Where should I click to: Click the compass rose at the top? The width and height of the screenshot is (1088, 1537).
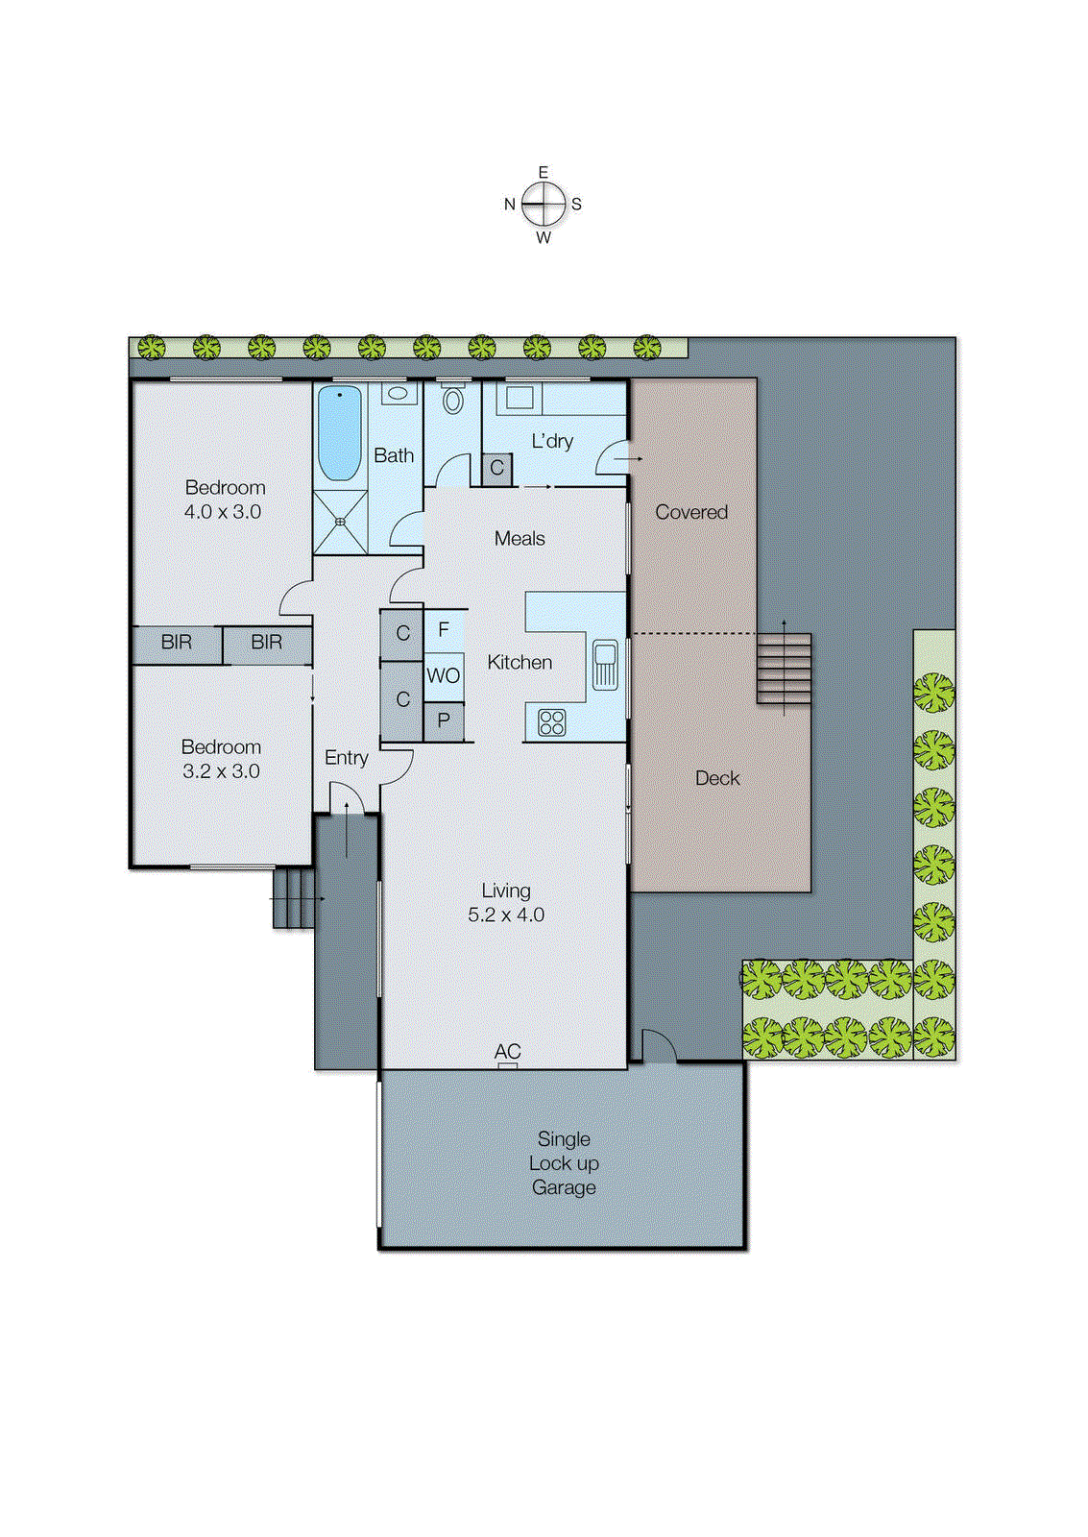544,204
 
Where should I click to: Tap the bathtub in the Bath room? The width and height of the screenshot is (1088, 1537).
339,432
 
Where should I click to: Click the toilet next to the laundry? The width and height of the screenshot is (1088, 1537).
453,399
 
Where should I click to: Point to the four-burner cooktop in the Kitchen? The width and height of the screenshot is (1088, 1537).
552,721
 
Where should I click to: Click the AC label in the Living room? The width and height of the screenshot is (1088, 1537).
507,1052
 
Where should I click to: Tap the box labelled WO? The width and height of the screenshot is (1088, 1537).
444,675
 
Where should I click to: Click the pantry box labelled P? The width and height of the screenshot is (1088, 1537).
444,720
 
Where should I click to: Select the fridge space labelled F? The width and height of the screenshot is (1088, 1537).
444,630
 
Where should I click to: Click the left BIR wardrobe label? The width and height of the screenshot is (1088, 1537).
177,643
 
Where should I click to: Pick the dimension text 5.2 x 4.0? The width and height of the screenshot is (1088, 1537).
506,915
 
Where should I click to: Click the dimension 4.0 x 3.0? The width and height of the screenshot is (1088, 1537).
223,512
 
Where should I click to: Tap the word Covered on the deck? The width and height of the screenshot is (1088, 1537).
691,512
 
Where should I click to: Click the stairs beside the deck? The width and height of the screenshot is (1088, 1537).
784,668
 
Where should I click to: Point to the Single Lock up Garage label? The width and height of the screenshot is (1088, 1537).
564,1163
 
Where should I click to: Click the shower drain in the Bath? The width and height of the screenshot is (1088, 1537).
340,522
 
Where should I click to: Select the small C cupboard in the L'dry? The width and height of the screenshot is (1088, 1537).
496,469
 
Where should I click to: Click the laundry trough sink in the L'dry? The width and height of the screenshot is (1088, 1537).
520,398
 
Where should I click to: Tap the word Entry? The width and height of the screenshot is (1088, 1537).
347,758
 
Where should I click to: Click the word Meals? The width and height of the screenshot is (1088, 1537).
520,539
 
